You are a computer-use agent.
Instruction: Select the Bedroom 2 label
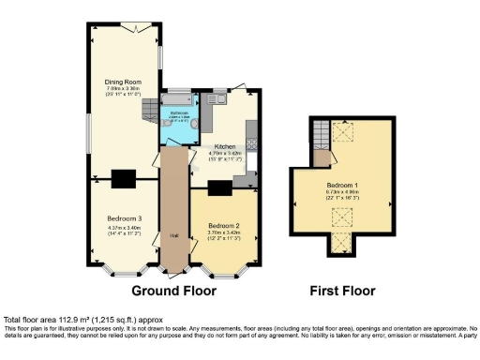(x=225, y=227)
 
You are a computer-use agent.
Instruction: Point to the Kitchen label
(x=225, y=147)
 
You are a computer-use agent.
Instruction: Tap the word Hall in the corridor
(x=173, y=234)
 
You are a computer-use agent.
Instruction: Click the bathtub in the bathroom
(x=175, y=98)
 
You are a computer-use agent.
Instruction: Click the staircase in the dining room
(x=148, y=112)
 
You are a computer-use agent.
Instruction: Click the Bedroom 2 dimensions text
(x=225, y=234)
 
